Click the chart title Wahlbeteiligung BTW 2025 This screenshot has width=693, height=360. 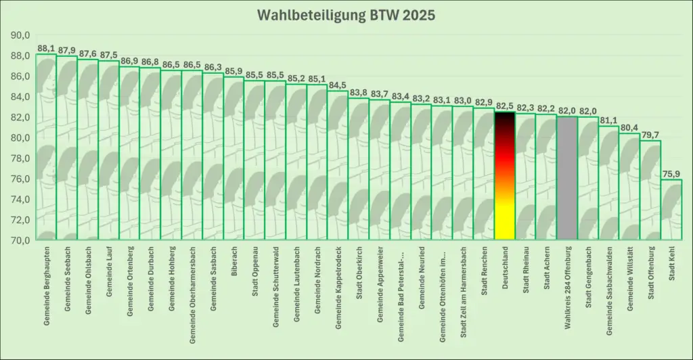[345, 15]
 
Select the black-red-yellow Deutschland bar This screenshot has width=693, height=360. [504, 176]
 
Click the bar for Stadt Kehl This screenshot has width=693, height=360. [671, 210]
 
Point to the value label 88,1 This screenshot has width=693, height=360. [47, 49]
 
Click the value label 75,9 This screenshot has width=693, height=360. [671, 174]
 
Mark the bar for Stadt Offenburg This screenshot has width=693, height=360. [650, 190]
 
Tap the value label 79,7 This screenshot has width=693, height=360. [650, 135]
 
